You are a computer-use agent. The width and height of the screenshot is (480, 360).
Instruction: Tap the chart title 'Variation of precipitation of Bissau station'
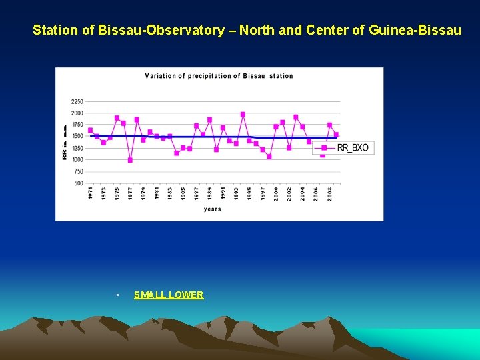(x=219, y=76)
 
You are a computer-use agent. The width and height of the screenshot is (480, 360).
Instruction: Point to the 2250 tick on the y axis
(x=77, y=102)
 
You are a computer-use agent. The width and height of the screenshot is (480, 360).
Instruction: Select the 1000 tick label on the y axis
(x=77, y=160)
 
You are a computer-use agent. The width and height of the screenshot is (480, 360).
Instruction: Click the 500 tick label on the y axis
(x=78, y=183)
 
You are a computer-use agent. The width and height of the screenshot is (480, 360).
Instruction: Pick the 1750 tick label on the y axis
(x=77, y=125)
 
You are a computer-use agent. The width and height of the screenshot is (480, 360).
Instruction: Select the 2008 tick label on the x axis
(x=329, y=193)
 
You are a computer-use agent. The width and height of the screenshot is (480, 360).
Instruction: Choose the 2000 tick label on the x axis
(x=276, y=193)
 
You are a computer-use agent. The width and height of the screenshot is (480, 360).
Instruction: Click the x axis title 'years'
(x=213, y=209)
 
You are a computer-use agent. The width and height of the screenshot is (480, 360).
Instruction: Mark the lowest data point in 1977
(x=130, y=160)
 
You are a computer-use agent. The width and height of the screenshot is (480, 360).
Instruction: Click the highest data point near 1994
(x=243, y=115)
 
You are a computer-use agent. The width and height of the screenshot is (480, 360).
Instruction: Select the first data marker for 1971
(x=90, y=130)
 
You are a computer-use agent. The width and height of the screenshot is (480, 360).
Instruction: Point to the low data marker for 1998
(x=269, y=157)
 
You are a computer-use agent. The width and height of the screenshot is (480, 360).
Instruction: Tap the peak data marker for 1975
(x=117, y=118)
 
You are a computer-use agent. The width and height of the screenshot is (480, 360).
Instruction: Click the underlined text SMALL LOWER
(x=169, y=295)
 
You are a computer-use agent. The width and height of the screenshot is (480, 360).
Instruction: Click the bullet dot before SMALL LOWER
(x=117, y=295)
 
